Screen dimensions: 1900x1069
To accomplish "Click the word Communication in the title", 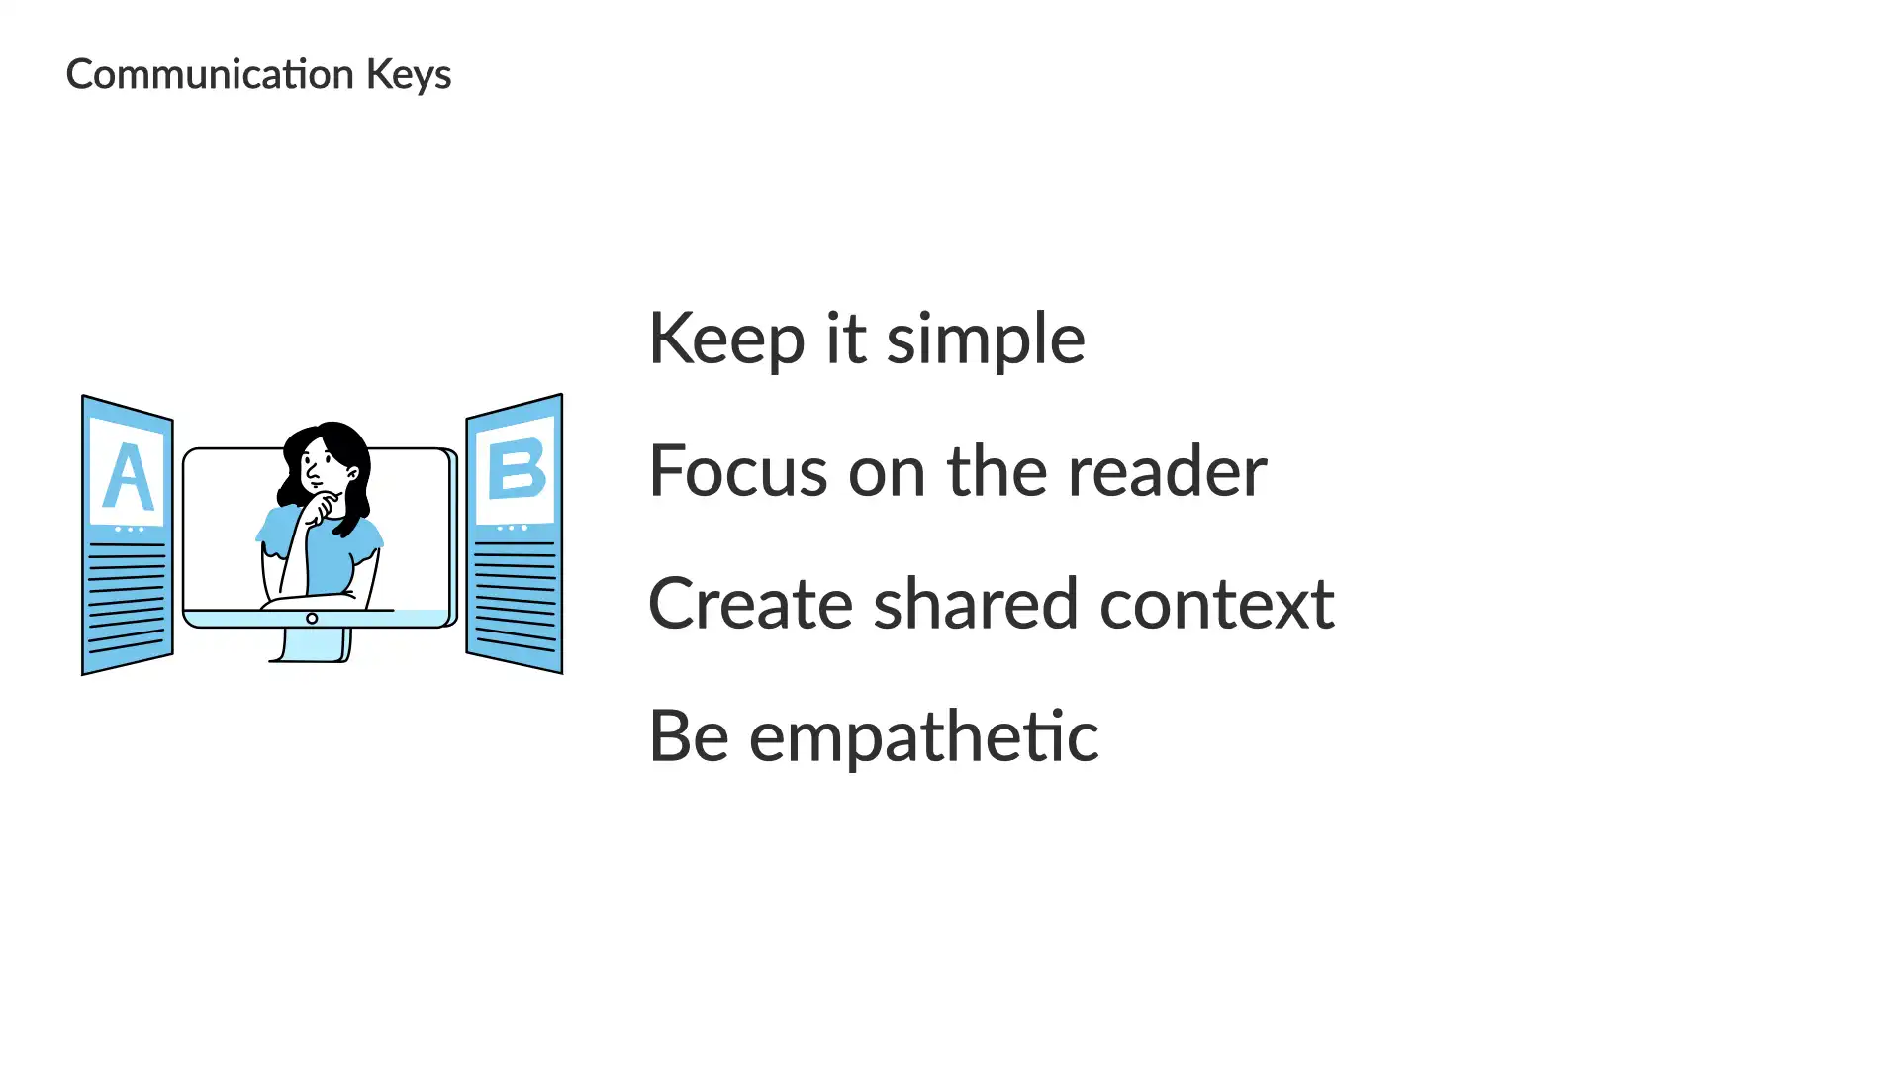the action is tap(210, 75).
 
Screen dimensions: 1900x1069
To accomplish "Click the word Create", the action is tap(751, 604).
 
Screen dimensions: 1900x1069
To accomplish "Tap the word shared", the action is tap(976, 603).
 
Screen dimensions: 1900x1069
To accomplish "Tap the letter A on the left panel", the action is tap(128, 476).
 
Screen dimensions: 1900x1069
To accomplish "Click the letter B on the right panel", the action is tap(517, 469).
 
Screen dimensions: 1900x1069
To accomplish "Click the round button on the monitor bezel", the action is tap(312, 619).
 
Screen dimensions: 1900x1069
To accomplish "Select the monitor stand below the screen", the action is tap(312, 644).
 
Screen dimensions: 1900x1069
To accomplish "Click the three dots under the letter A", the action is tap(129, 530).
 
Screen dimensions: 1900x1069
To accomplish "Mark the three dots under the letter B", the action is tap(512, 529).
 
